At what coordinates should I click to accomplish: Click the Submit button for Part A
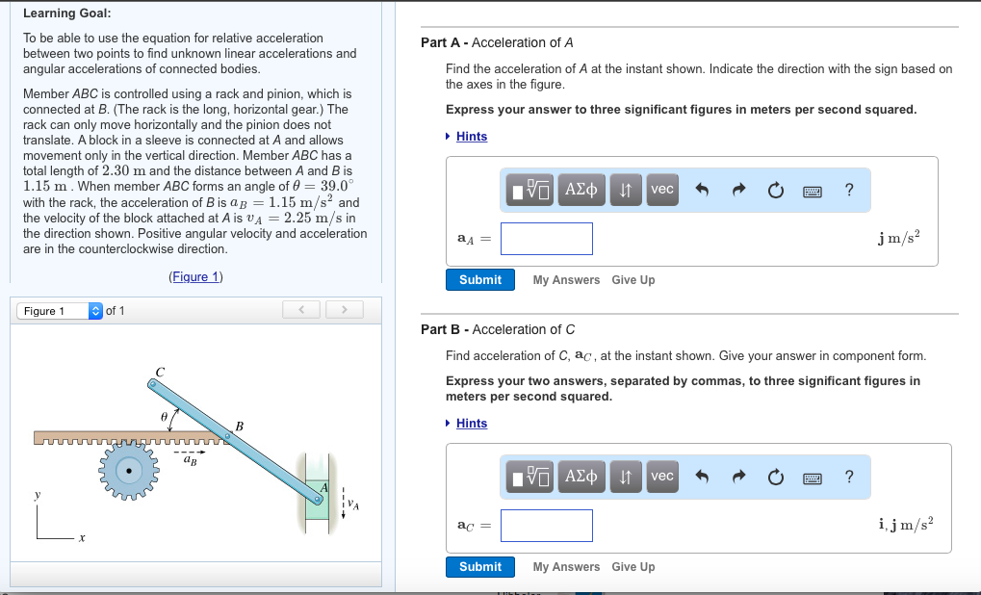point(479,280)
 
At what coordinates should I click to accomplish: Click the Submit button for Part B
point(479,567)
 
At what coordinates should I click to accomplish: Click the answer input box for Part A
point(546,239)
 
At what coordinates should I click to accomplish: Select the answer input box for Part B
point(546,526)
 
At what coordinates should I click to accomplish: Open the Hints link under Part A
point(471,137)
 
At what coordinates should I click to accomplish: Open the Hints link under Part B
point(471,424)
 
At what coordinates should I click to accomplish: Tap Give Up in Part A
point(632,280)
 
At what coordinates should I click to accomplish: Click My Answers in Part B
point(566,567)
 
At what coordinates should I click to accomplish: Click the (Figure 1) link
point(195,277)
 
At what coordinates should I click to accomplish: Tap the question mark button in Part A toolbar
point(848,190)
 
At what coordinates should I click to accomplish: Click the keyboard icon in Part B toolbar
point(812,477)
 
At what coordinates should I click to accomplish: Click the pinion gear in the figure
point(127,469)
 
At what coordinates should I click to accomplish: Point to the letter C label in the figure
point(160,372)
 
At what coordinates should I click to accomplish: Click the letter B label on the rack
point(239,426)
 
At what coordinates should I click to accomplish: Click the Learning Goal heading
point(66,13)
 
